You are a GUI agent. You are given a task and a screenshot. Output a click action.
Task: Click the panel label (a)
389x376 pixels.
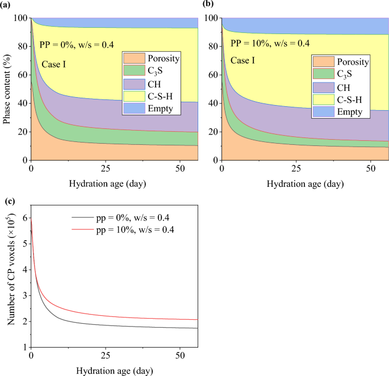pyautogui.click(x=7, y=5)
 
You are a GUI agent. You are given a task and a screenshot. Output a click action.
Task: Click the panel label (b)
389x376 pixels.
pyautogui.click(x=198, y=5)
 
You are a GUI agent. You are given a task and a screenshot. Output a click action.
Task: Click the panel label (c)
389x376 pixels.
pyautogui.click(x=7, y=201)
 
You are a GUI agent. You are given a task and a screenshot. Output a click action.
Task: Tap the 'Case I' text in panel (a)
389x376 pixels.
pyautogui.click(x=54, y=64)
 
